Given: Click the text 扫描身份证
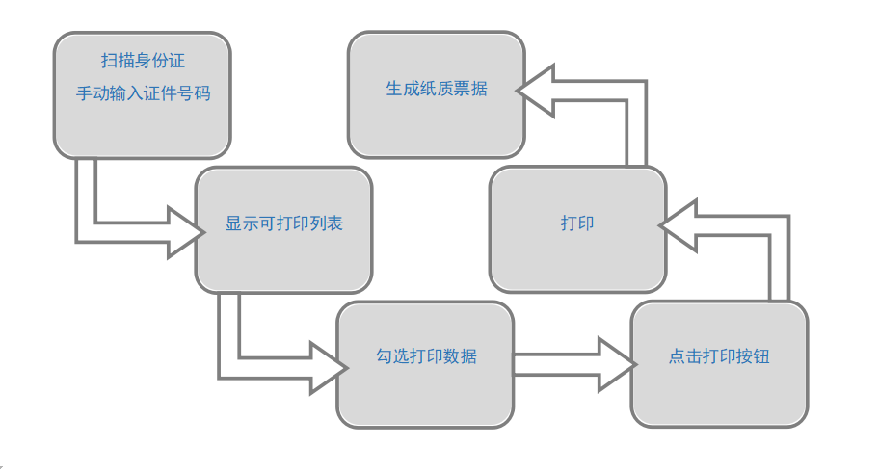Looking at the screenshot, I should pyautogui.click(x=143, y=61).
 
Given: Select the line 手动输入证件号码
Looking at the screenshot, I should pyautogui.click(x=143, y=94).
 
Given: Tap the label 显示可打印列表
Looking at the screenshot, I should pyautogui.click(x=284, y=223).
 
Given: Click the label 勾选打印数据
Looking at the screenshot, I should pyautogui.click(x=425, y=356).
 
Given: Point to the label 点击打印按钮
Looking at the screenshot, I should pyautogui.click(x=719, y=356).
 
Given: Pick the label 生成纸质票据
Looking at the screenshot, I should pyautogui.click(x=437, y=89).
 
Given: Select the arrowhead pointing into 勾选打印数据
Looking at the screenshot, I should pyautogui.click(x=329, y=366).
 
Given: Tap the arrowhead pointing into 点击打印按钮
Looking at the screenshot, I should pyautogui.click(x=617, y=364).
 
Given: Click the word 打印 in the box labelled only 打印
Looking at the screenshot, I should pyautogui.click(x=577, y=223).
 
